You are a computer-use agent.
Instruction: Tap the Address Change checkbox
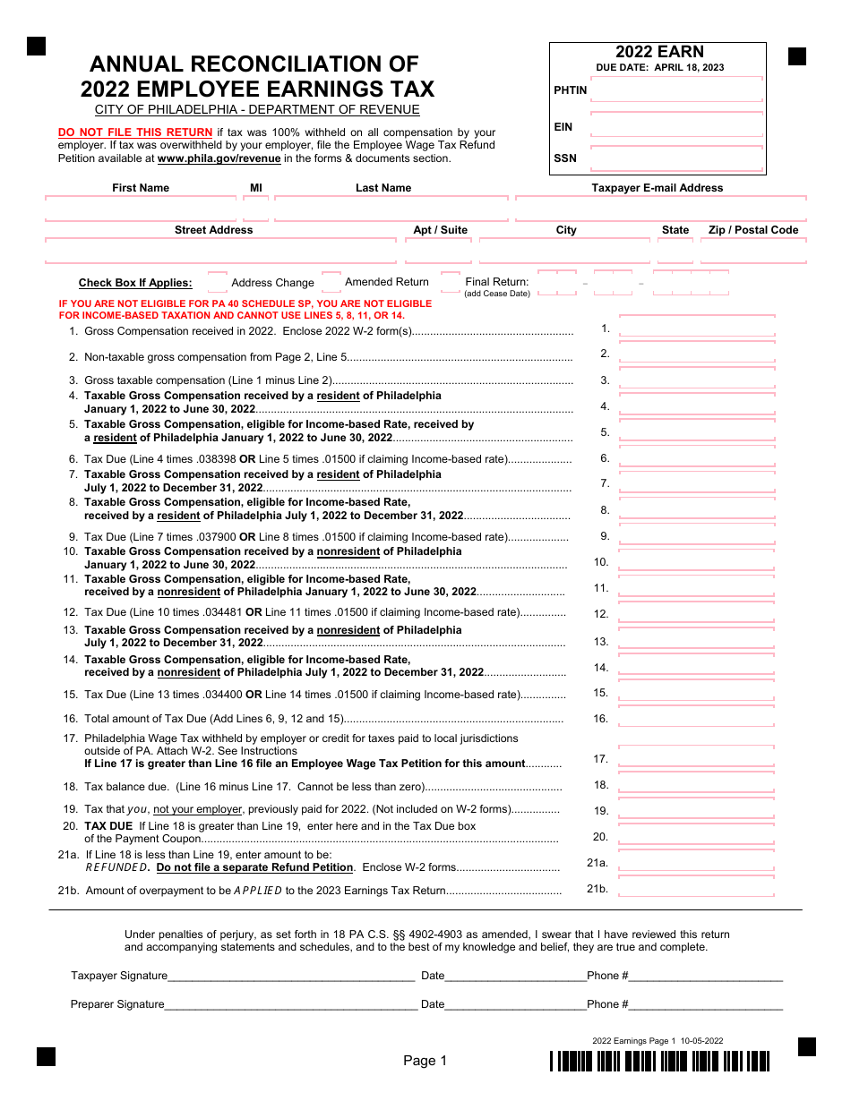coord(218,283)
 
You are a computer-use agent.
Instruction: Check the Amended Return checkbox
coord(331,282)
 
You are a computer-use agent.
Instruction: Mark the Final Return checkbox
coord(451,283)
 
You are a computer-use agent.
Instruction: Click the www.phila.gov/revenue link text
coord(219,158)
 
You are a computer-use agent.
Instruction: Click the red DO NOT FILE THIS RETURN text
coord(135,132)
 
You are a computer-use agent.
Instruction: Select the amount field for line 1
coord(697,328)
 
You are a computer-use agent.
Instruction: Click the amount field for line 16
coord(697,718)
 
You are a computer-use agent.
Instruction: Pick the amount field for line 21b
coord(697,888)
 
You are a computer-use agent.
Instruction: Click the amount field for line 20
coord(697,836)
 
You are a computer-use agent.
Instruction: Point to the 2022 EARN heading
coord(659,52)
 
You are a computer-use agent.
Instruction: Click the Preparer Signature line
coord(291,1004)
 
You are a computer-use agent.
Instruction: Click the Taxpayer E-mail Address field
coord(660,209)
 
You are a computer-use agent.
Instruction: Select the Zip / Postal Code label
coord(752,230)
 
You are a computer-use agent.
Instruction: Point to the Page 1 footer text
coord(425,1061)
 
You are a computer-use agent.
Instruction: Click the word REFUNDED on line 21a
coord(116,867)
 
